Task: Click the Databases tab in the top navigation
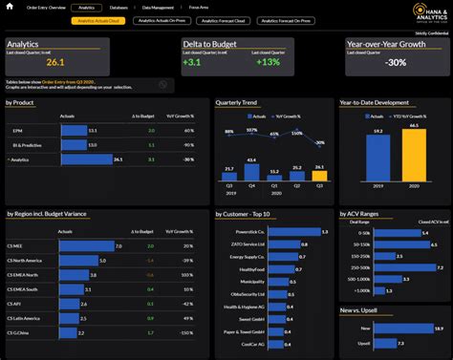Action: [119, 7]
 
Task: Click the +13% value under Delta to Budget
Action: [269, 63]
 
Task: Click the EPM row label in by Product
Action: [17, 130]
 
